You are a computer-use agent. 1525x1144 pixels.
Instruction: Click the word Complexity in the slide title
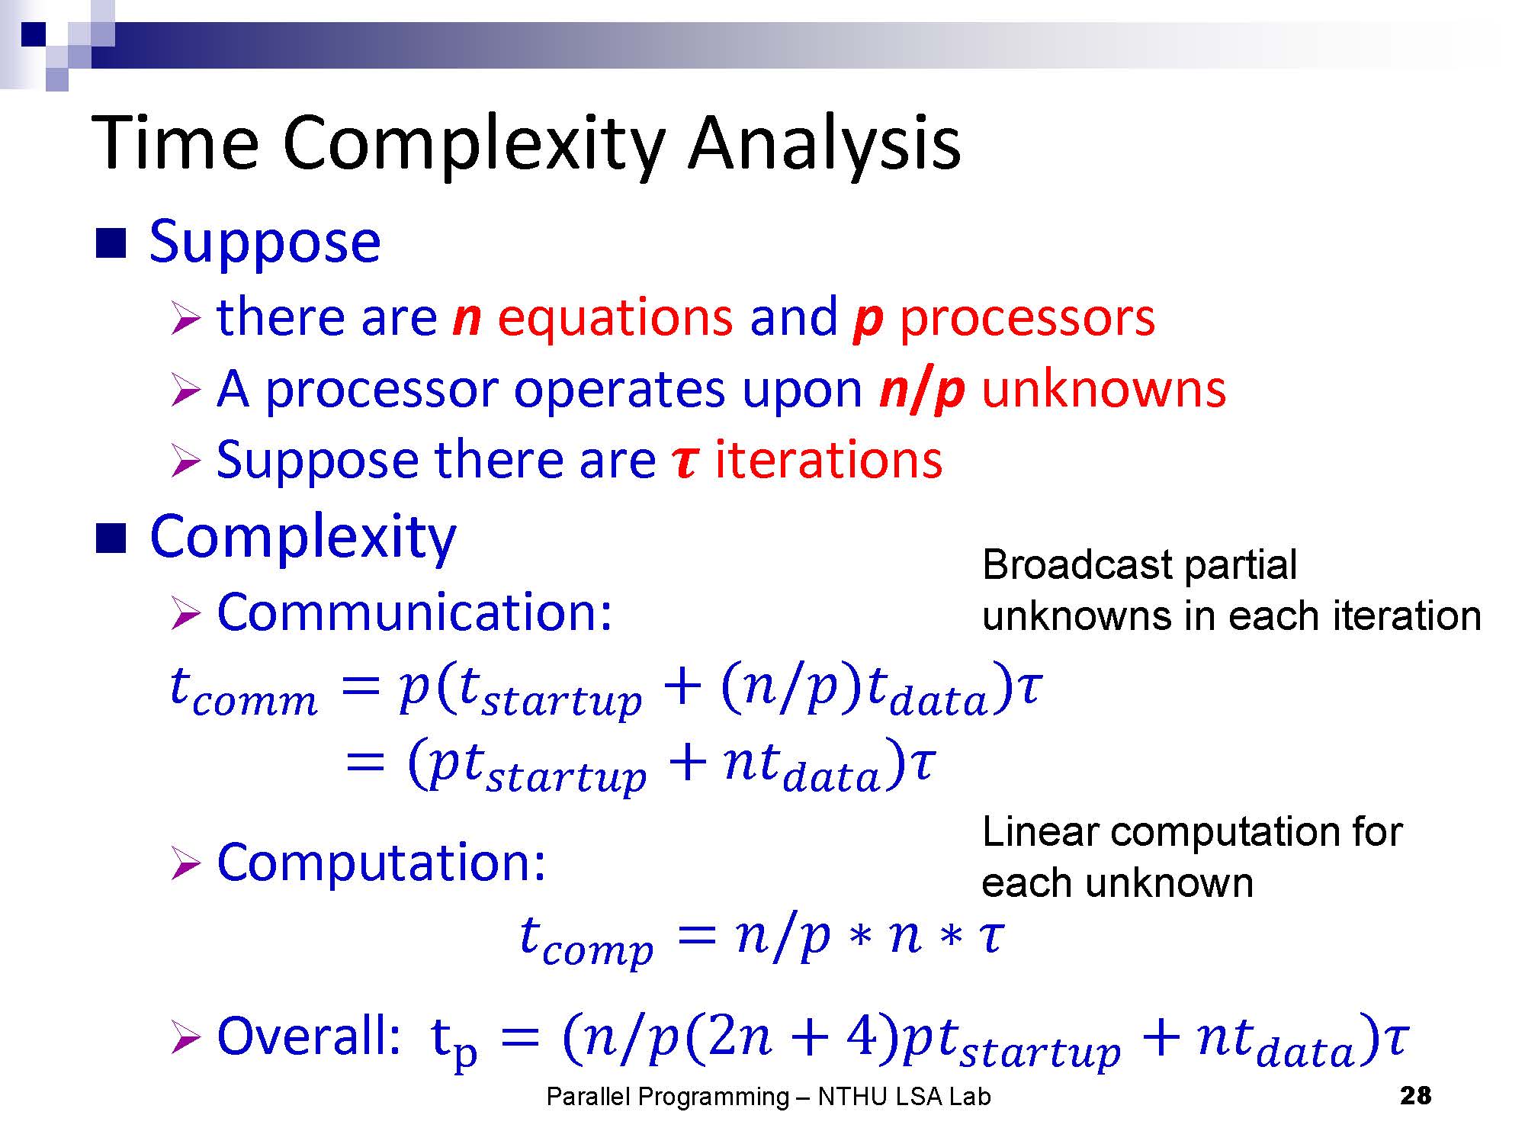474,145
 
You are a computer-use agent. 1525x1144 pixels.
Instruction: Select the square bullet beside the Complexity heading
110,538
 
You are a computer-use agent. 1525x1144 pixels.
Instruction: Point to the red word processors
1027,318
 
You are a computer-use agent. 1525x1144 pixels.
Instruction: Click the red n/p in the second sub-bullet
922,390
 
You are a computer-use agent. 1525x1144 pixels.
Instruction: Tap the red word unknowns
1103,389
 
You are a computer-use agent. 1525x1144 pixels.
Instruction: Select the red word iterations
828,460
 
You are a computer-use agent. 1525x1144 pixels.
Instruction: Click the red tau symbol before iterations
685,462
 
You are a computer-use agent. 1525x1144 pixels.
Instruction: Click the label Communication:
414,612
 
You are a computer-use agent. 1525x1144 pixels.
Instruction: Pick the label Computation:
381,863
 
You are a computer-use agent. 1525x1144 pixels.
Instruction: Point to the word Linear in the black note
1040,832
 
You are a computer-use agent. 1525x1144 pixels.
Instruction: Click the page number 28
1416,1096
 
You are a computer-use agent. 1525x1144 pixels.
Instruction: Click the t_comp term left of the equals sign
586,940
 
